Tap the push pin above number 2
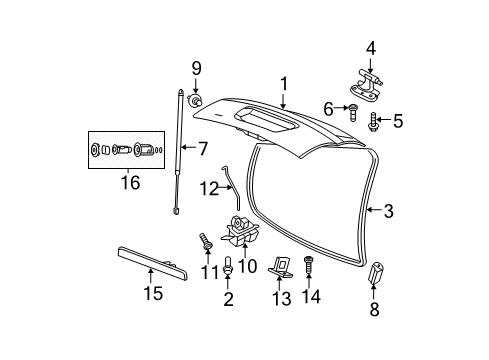coord(229,268)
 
